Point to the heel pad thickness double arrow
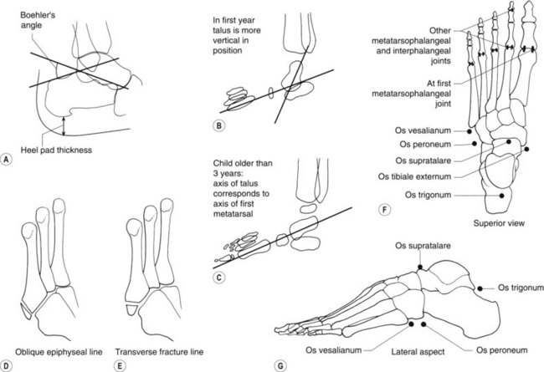point(64,127)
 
